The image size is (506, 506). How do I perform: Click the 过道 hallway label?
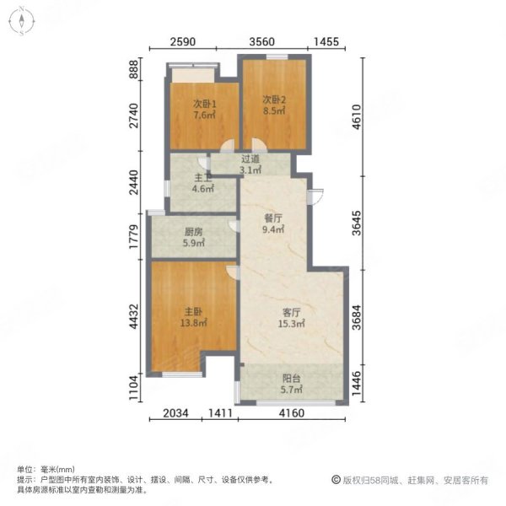tap(250, 159)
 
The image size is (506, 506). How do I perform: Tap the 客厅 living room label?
tap(292, 313)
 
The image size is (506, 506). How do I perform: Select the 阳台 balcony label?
tap(291, 378)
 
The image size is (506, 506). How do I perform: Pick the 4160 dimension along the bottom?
tap(292, 413)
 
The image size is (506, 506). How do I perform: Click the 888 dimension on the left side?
tap(132, 69)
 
